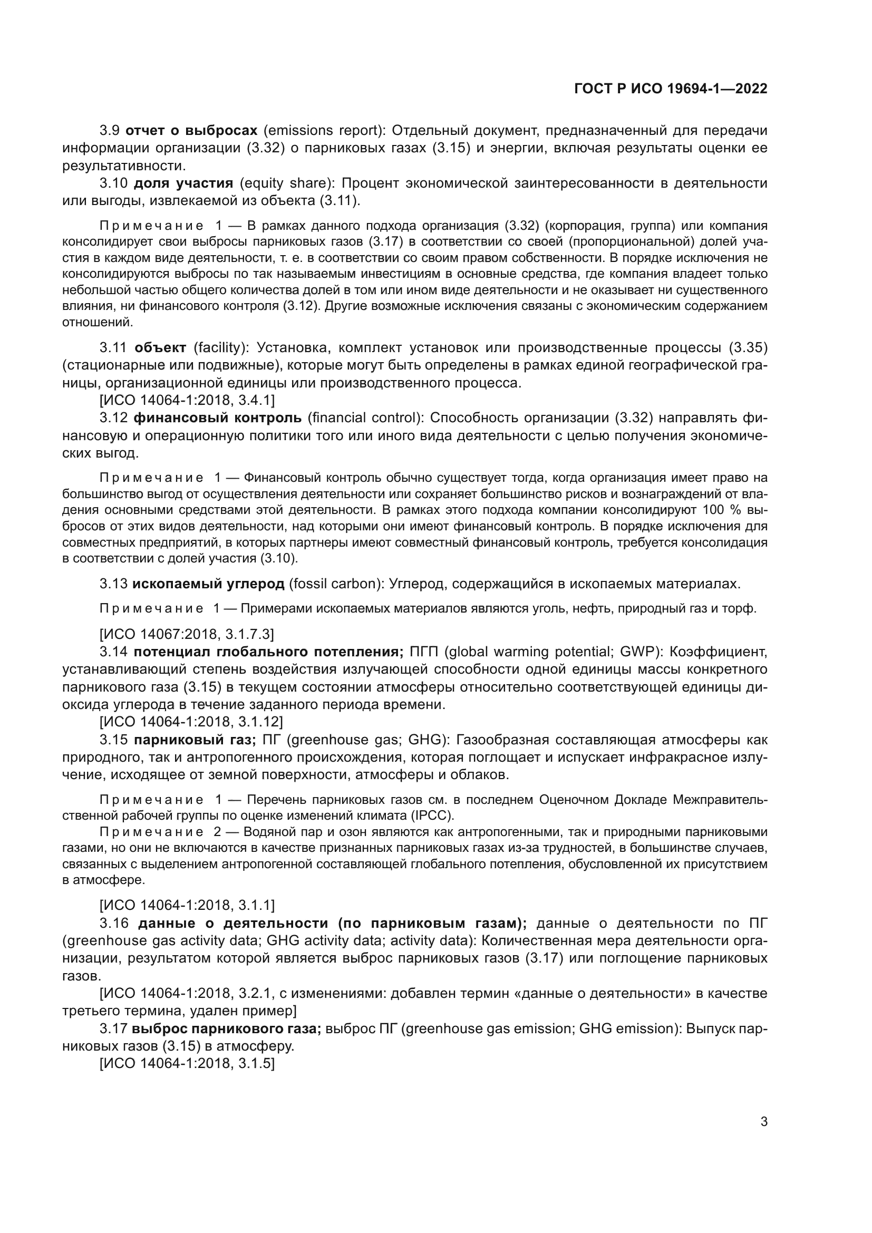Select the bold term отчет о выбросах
click(192, 131)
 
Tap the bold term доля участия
click(183, 183)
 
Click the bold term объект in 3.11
click(160, 348)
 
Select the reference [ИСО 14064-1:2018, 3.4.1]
click(187, 401)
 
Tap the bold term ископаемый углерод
click(208, 584)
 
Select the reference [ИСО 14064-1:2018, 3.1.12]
click(191, 722)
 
